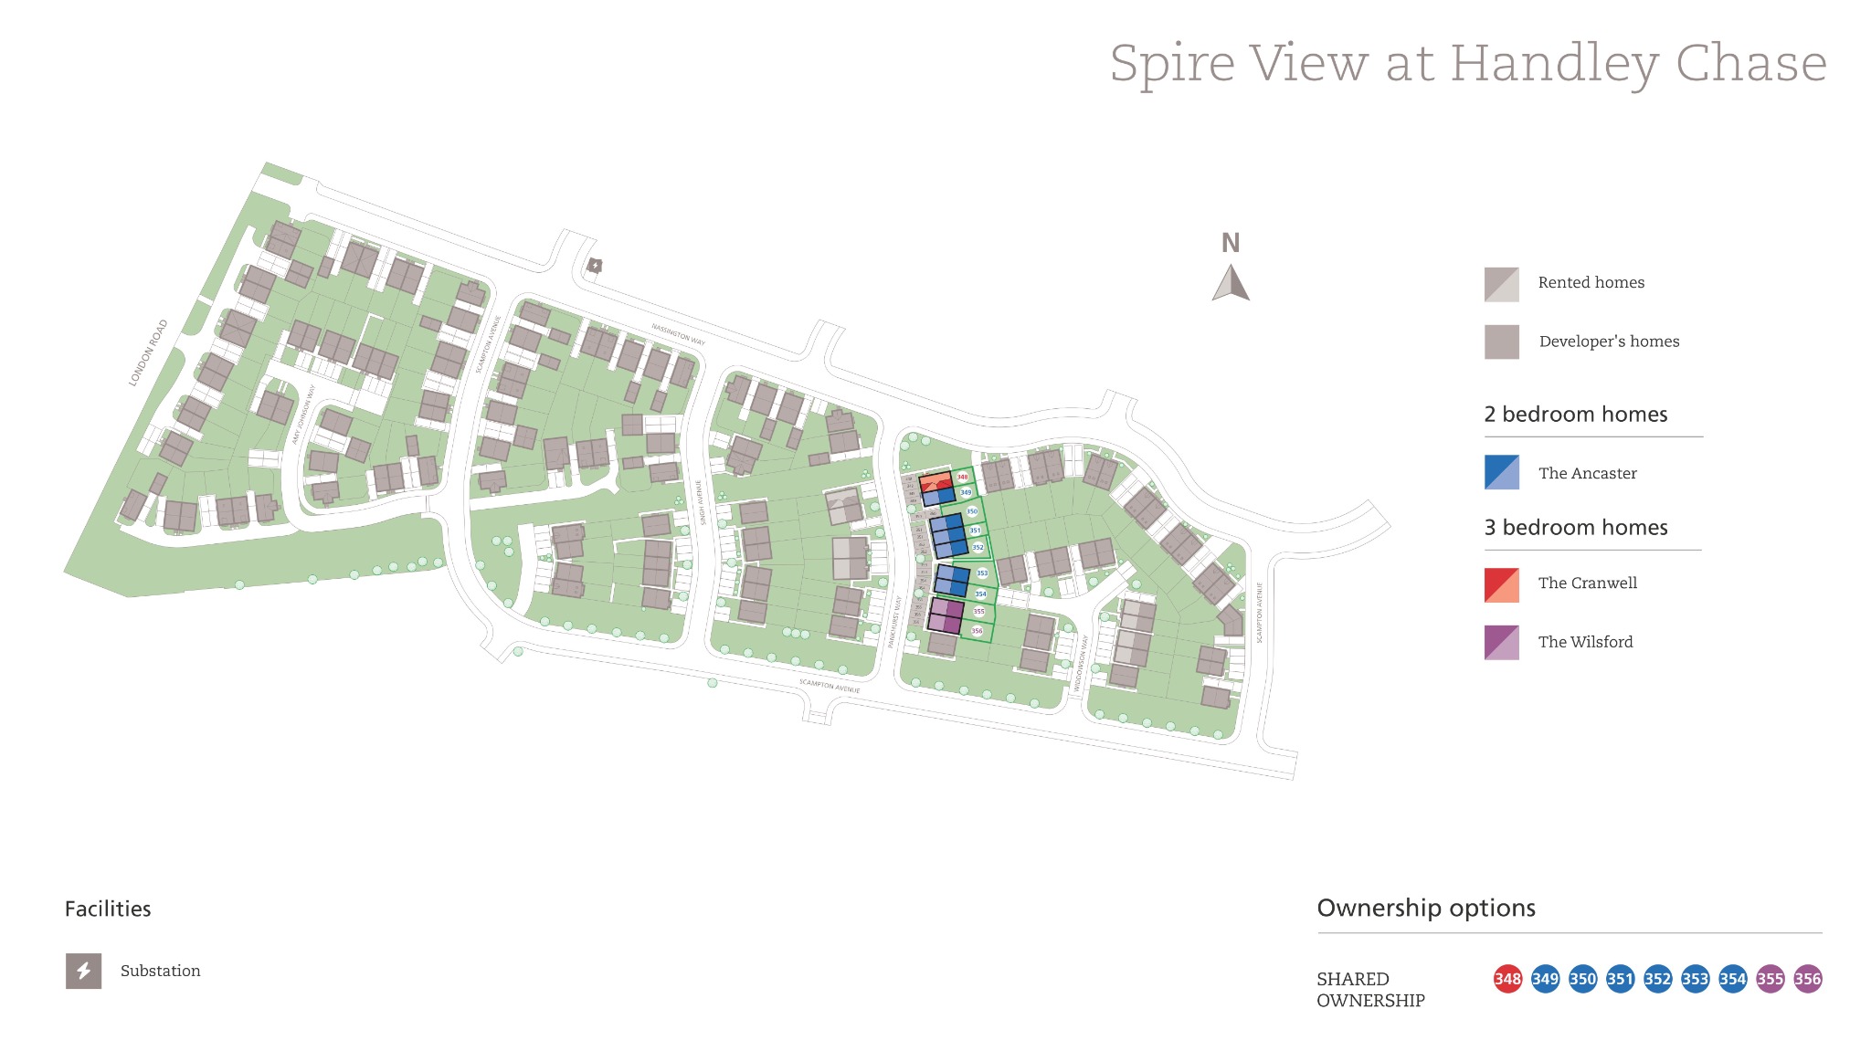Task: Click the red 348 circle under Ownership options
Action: tap(1507, 979)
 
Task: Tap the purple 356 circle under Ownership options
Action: tap(1807, 979)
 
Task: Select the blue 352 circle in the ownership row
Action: tap(1657, 979)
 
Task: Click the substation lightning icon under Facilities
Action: tap(83, 971)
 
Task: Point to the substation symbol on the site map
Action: tap(595, 266)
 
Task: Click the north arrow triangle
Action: tap(1231, 283)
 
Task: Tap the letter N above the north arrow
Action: tap(1231, 243)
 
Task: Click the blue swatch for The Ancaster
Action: tap(1501, 472)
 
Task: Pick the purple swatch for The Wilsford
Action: tap(1501, 642)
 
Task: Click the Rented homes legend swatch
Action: tap(1501, 284)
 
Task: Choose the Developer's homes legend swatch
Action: tap(1501, 342)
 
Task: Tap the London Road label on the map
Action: tap(148, 352)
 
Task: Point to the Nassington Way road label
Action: tap(678, 334)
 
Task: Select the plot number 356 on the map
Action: tap(977, 631)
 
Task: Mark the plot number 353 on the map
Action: tap(982, 573)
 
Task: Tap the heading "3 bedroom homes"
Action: tap(1575, 528)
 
